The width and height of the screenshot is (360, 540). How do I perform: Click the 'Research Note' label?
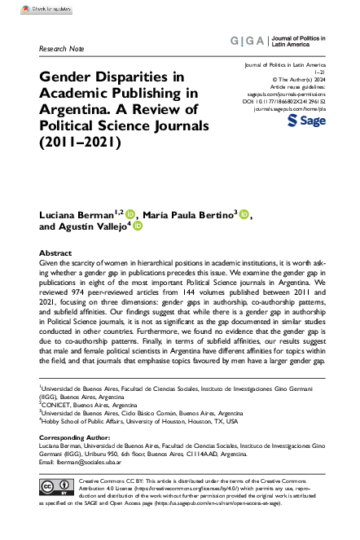tap(60, 49)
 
